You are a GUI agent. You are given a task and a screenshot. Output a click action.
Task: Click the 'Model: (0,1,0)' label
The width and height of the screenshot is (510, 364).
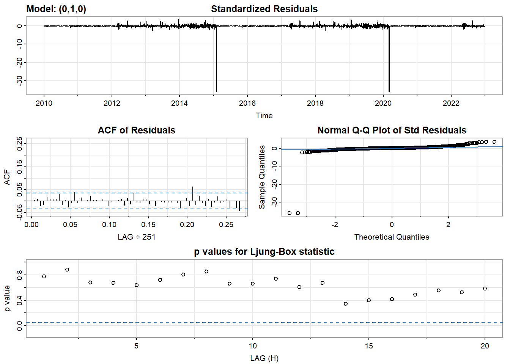click(56, 9)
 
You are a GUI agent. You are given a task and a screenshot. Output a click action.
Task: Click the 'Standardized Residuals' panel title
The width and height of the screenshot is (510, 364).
click(264, 9)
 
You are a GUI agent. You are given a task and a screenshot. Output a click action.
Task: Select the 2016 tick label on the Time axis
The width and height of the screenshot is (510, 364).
click(247, 103)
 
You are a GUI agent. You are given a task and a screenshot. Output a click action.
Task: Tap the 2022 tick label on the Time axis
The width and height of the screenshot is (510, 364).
click(451, 103)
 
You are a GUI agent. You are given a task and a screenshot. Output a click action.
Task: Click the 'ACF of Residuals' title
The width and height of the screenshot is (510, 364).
click(137, 130)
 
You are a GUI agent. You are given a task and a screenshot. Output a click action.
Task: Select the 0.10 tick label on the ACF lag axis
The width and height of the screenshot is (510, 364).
click(109, 224)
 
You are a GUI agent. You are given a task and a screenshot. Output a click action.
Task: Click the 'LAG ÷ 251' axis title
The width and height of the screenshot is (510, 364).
click(137, 237)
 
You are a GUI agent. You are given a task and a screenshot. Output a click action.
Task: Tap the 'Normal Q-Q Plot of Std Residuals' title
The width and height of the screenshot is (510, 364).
click(392, 130)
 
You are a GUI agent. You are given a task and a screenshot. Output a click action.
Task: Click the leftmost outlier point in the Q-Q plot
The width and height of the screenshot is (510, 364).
click(290, 213)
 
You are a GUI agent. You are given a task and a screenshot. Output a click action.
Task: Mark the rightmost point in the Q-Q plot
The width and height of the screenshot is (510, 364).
click(494, 142)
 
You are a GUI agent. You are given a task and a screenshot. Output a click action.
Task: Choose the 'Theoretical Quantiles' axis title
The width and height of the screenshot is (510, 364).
click(392, 237)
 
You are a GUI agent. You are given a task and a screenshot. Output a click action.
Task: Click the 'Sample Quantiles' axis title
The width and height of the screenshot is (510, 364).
click(262, 177)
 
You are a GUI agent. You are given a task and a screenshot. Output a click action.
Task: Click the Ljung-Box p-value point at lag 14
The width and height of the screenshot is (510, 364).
click(346, 304)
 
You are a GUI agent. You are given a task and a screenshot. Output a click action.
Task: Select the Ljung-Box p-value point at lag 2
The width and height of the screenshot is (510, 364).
click(67, 270)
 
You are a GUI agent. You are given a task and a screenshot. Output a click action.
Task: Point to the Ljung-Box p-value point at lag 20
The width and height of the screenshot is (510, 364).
click(485, 289)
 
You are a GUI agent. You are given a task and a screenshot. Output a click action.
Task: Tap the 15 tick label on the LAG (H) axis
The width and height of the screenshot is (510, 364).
click(369, 346)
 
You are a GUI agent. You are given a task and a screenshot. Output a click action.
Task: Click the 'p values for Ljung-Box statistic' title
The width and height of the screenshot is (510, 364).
click(264, 252)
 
